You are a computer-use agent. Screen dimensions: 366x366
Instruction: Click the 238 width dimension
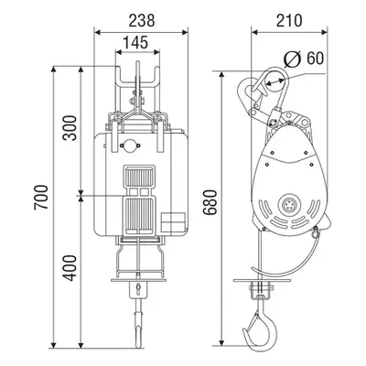pyautogui.click(x=142, y=21)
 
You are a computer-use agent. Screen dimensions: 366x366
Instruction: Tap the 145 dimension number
pyautogui.click(x=135, y=42)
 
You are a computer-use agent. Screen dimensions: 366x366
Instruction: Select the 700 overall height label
pyautogui.click(x=41, y=197)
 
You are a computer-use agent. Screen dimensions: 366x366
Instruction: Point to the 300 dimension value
pyautogui.click(x=70, y=128)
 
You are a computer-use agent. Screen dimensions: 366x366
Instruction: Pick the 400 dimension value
pyautogui.click(x=70, y=268)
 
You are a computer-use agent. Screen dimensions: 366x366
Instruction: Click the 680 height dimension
pyautogui.click(x=210, y=202)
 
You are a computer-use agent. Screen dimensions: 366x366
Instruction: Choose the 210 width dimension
pyautogui.click(x=289, y=21)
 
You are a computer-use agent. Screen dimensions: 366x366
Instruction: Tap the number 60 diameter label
pyautogui.click(x=315, y=59)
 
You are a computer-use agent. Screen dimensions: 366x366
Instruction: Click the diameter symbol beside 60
pyautogui.click(x=293, y=59)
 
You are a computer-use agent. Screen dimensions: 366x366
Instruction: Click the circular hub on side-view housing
pyautogui.click(x=289, y=205)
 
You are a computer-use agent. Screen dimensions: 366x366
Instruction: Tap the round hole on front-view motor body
pyautogui.click(x=130, y=145)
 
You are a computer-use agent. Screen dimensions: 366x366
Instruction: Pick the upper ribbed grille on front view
pyautogui.click(x=139, y=178)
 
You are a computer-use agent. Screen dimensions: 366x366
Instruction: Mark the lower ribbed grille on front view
pyautogui.click(x=139, y=216)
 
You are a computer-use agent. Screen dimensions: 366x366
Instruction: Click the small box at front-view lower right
pyautogui.click(x=174, y=221)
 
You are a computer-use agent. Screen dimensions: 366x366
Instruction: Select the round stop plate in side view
pyautogui.click(x=263, y=280)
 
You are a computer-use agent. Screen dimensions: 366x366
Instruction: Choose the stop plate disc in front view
pyautogui.click(x=139, y=280)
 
